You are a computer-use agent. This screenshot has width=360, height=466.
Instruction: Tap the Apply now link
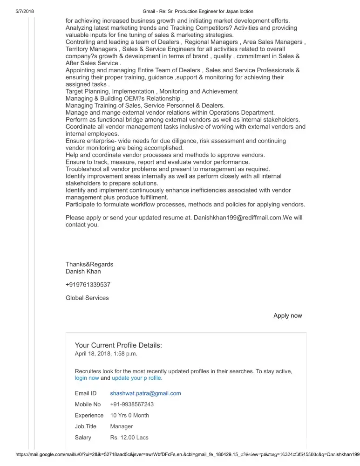coord(287,316)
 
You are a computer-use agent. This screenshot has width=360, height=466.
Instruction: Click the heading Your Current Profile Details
coord(118,346)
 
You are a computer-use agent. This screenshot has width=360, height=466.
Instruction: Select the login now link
coord(87,378)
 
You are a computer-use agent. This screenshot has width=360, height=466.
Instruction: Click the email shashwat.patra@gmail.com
coord(145,393)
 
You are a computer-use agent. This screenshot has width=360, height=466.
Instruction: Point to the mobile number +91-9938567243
coord(132,404)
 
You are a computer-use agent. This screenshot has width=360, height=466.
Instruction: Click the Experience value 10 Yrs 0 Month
coord(129,415)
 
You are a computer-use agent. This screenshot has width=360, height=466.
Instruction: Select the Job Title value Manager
coord(121,426)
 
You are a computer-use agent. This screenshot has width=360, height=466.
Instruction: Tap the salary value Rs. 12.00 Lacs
coord(129,438)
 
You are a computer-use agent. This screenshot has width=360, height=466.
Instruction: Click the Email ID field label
coord(85,393)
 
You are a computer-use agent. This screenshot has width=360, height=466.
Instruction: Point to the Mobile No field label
coord(88,404)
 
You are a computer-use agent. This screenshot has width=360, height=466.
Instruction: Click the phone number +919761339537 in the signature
coord(88,285)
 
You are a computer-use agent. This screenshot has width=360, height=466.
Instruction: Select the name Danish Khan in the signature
coord(83,271)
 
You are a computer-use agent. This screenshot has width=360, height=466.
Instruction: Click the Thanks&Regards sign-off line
coord(89,264)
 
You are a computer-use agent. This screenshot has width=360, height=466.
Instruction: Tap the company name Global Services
coord(87,298)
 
